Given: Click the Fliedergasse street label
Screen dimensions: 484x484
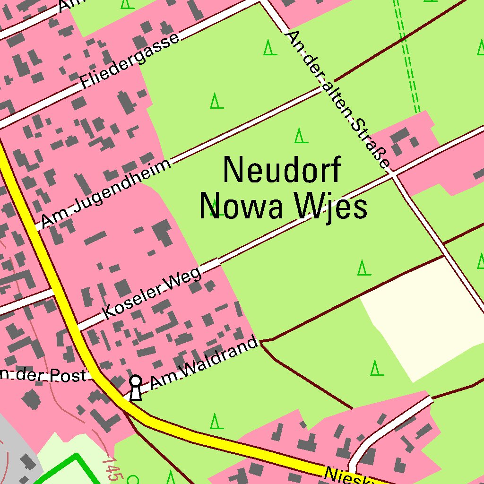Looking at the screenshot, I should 130,60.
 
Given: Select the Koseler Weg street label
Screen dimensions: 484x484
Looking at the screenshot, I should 153,293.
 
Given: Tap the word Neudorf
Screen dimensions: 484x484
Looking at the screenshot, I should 282,170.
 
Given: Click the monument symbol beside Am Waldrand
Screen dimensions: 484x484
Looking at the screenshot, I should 136,388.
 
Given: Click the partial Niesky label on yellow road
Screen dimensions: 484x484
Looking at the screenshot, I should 350,475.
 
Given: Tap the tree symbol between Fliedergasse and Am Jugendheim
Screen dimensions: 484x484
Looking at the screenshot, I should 216,101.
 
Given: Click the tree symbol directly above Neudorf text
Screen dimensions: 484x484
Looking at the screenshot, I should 301,136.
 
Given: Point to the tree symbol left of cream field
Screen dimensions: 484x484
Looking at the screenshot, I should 363,268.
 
